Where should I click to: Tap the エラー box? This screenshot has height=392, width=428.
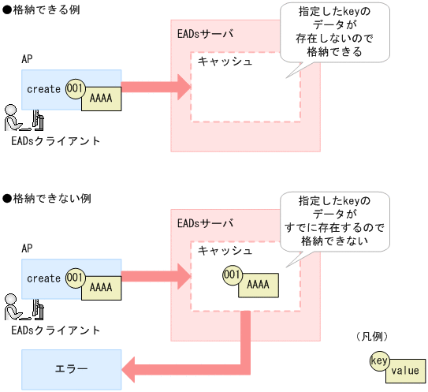(x=71, y=368)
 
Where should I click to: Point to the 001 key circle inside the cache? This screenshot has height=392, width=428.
(x=232, y=274)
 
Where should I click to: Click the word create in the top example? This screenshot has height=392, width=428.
(x=43, y=89)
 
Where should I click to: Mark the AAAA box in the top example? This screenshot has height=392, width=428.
(x=101, y=99)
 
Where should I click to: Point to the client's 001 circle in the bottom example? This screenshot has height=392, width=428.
(x=75, y=278)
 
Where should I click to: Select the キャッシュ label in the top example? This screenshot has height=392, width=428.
(x=225, y=62)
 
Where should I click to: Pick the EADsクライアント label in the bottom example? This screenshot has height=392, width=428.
(x=56, y=329)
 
